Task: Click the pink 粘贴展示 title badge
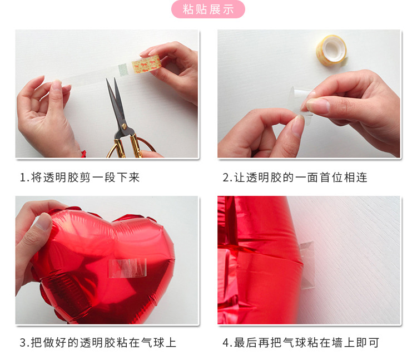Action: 208,9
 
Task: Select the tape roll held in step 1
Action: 146,66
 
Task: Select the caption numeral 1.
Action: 23,178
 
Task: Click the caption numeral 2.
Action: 226,178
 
